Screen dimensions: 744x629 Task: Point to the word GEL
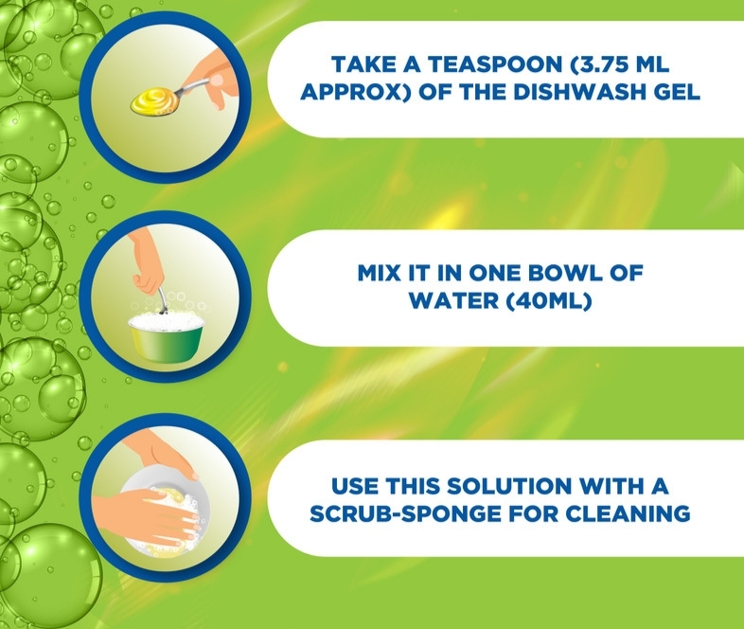[676, 92]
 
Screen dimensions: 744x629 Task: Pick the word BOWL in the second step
[567, 273]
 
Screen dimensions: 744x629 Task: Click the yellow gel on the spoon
[150, 100]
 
